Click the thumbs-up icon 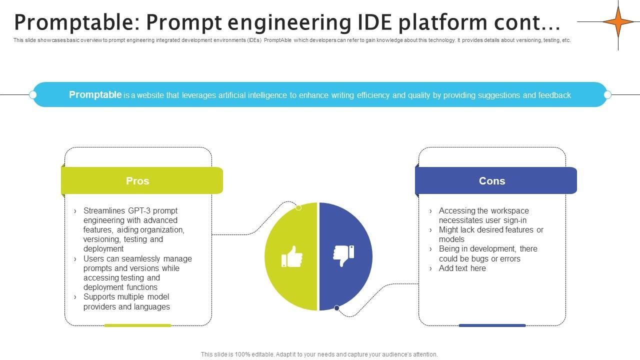291,256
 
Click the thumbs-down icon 343,255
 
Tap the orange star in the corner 618,21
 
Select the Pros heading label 137,181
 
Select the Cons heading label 492,181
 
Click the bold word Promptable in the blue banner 95,94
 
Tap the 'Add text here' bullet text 462,268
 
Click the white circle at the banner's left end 33,94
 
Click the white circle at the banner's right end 607,94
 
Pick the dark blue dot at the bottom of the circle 336,308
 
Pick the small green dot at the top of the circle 298,207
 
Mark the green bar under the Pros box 137,325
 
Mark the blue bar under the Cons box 492,325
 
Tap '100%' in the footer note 242,354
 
